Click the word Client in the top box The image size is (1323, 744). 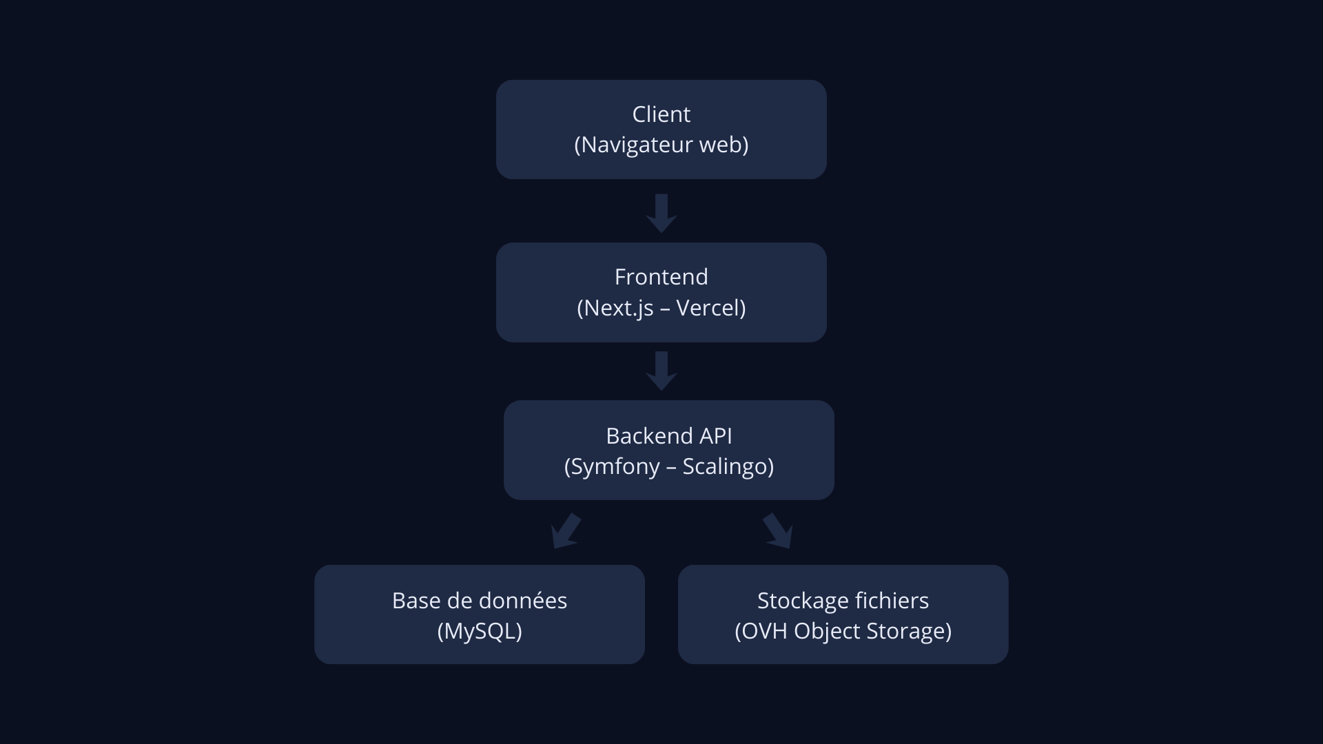click(x=661, y=114)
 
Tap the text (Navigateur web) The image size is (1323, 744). click(x=661, y=145)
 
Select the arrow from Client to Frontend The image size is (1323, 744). click(x=661, y=214)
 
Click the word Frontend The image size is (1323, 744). click(x=661, y=277)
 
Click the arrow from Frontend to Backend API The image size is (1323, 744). click(x=661, y=371)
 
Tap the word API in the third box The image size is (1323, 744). click(x=716, y=436)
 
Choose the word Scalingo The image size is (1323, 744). click(x=725, y=467)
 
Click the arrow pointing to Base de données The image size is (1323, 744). click(x=566, y=531)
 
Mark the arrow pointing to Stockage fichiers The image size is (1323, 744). click(x=778, y=531)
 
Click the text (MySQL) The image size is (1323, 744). click(x=480, y=631)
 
